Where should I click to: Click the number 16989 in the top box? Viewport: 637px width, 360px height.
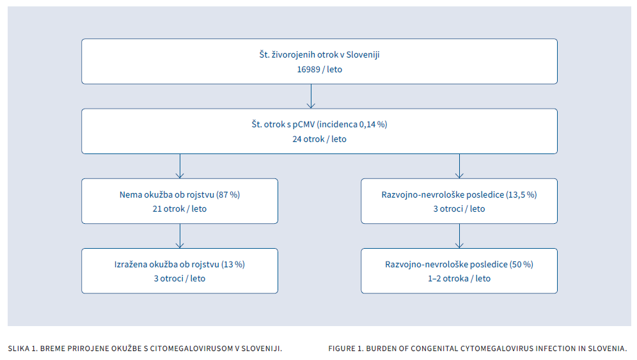(309, 70)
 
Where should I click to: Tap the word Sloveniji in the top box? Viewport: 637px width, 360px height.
(363, 54)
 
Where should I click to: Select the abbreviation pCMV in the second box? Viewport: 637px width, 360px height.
(303, 124)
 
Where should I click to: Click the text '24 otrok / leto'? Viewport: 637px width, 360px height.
(319, 139)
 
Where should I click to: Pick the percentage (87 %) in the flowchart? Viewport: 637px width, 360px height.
(228, 194)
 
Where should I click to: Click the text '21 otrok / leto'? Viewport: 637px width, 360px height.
(180, 209)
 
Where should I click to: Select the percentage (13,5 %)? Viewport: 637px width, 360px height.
(521, 194)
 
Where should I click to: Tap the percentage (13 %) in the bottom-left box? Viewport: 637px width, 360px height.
(233, 265)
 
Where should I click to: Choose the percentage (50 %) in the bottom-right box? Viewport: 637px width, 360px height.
(521, 265)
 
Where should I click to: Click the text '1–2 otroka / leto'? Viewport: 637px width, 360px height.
(459, 279)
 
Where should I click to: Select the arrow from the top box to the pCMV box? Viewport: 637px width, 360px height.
(311, 97)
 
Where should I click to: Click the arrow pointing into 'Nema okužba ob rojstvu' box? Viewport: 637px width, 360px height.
(180, 166)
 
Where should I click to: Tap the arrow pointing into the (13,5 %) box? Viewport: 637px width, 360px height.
(459, 166)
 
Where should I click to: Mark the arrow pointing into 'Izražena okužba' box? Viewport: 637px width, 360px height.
(180, 236)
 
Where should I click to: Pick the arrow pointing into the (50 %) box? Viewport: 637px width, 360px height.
(459, 236)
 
